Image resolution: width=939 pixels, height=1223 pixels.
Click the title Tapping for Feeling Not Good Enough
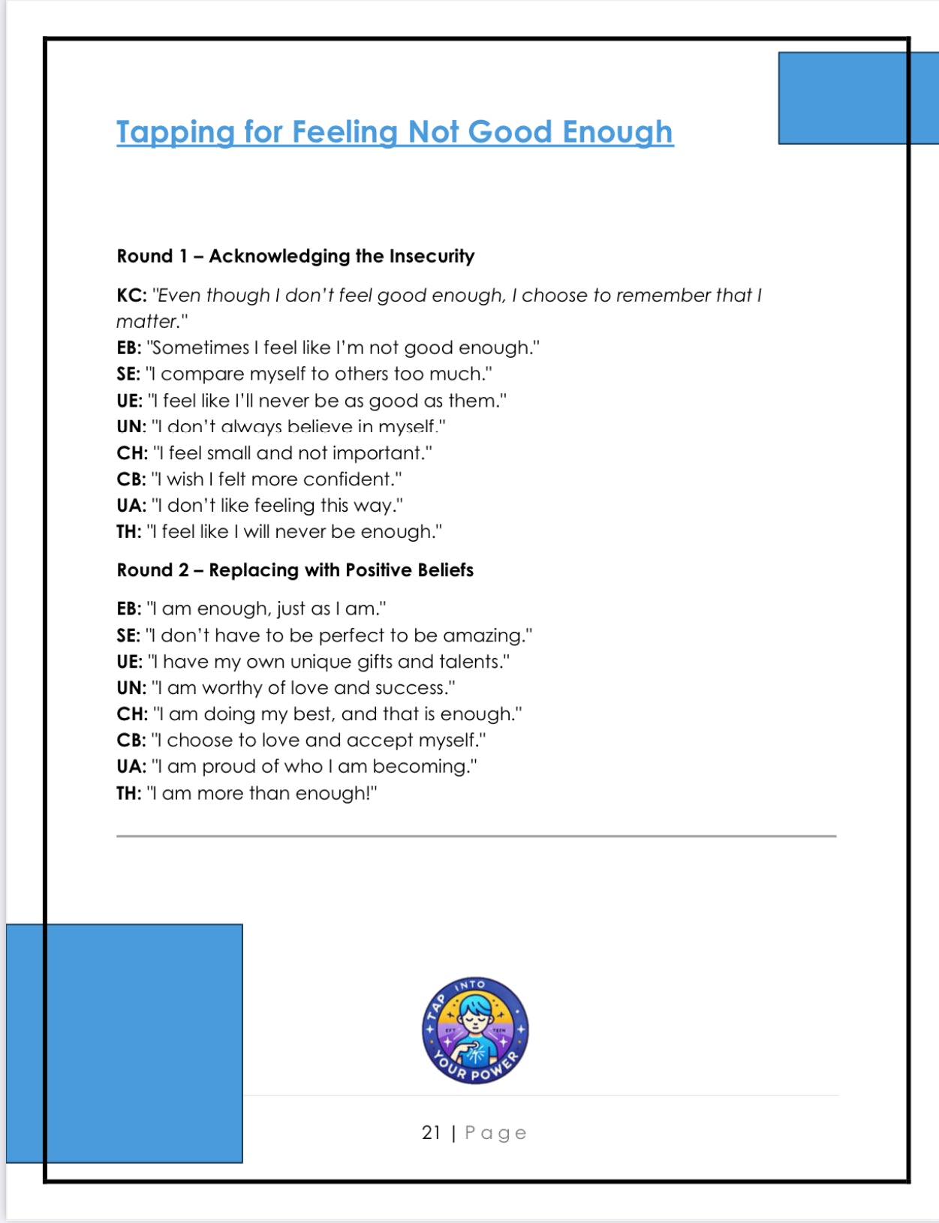(395, 132)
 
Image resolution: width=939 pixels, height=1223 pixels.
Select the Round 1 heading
(296, 257)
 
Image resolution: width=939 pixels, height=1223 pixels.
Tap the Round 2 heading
(295, 570)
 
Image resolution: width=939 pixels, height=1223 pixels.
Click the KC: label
(131, 296)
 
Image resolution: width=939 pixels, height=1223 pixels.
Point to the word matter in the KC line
(147, 322)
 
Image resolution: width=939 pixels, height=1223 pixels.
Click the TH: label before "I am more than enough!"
(128, 794)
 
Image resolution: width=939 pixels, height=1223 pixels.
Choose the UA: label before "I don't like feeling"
(131, 506)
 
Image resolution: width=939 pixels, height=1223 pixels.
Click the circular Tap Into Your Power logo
(475, 1031)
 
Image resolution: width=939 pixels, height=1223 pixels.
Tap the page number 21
(431, 1133)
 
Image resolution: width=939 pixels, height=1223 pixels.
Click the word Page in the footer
(495, 1133)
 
